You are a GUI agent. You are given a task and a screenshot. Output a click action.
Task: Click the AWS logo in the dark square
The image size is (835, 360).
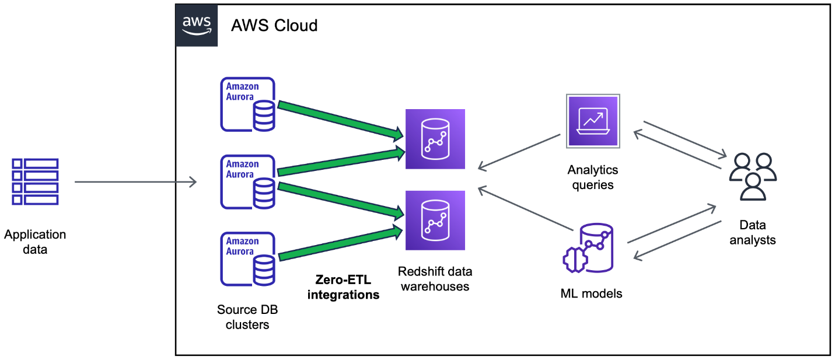click(x=197, y=25)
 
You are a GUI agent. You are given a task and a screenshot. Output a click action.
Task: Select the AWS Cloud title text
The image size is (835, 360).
click(x=274, y=26)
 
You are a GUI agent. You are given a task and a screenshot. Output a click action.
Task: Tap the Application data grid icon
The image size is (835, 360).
click(x=36, y=181)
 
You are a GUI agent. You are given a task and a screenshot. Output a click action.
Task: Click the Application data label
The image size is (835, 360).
click(x=35, y=242)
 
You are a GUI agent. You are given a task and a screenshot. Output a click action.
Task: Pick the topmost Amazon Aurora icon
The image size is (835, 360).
click(x=247, y=104)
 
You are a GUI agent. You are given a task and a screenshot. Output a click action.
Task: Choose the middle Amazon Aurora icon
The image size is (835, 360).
click(x=247, y=181)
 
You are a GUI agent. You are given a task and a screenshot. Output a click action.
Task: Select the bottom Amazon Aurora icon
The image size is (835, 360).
click(x=247, y=259)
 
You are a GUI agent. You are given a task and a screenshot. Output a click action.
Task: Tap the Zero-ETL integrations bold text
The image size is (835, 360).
click(x=343, y=287)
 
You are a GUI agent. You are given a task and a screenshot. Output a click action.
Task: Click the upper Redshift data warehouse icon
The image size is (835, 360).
click(x=435, y=139)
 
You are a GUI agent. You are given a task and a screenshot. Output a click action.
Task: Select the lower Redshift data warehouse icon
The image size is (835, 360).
click(x=435, y=220)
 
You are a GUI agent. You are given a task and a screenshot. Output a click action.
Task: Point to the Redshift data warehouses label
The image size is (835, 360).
click(x=435, y=278)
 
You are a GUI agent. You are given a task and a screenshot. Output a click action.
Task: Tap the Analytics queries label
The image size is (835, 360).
click(x=593, y=177)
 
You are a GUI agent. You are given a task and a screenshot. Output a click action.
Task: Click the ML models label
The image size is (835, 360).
click(x=591, y=293)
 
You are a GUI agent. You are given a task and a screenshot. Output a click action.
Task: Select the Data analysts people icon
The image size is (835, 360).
click(x=752, y=176)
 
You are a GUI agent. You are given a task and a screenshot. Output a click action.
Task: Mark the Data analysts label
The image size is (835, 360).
click(x=752, y=232)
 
